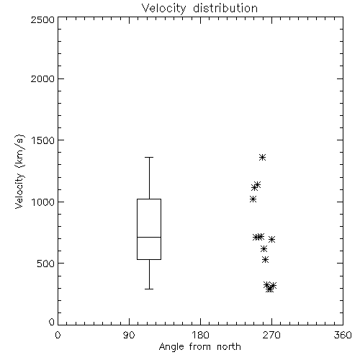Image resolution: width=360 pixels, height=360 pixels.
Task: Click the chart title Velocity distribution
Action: pyautogui.click(x=199, y=8)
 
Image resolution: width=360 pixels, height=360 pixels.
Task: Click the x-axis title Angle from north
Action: pyautogui.click(x=199, y=347)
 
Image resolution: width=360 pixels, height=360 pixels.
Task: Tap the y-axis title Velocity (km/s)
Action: pyautogui.click(x=19, y=172)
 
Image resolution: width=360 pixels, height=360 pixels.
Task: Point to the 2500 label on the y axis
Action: pyautogui.click(x=42, y=19)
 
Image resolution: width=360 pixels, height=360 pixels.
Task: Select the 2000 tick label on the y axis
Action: pyautogui.click(x=42, y=78)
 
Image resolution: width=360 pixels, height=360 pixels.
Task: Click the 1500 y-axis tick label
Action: pyautogui.click(x=43, y=140)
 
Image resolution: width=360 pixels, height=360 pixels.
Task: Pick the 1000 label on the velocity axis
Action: pyautogui.click(x=43, y=202)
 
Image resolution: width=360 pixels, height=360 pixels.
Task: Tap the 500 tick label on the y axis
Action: pyautogui.click(x=46, y=264)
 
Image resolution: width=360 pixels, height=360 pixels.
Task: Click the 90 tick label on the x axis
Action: pyautogui.click(x=129, y=335)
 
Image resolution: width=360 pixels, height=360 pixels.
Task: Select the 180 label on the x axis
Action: pyautogui.click(x=200, y=335)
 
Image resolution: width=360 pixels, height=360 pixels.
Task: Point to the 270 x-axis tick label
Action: pyautogui.click(x=271, y=335)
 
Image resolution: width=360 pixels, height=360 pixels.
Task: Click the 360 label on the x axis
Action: pyautogui.click(x=343, y=335)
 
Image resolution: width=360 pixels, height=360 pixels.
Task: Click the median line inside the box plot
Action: pyautogui.click(x=149, y=237)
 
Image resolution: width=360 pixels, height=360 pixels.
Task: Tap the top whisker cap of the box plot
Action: pyautogui.click(x=149, y=158)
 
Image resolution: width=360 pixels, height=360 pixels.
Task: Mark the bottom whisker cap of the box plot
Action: pyautogui.click(x=149, y=289)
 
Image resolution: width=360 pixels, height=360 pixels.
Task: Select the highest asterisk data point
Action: pyautogui.click(x=262, y=158)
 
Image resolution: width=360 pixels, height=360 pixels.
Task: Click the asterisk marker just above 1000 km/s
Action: pyautogui.click(x=253, y=199)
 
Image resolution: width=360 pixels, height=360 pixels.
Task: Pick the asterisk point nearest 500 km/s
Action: pyautogui.click(x=265, y=259)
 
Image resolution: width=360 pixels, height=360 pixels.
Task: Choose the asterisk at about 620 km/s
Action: pyautogui.click(x=264, y=248)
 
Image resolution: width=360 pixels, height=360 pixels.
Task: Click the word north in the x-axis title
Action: pyautogui.click(x=229, y=347)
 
